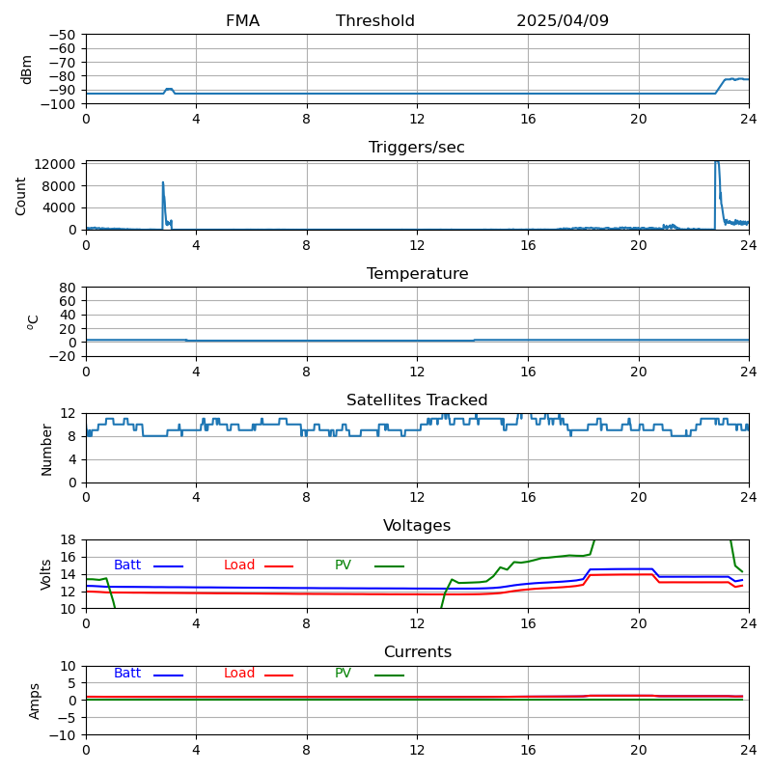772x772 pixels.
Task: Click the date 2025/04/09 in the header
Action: (x=562, y=21)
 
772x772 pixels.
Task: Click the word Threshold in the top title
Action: (x=375, y=21)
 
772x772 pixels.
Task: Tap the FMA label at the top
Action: (x=242, y=21)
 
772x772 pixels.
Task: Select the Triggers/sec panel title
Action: (x=417, y=148)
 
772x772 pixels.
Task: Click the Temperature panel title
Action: (x=417, y=274)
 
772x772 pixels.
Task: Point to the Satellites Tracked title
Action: (x=417, y=400)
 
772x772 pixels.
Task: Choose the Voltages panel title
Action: (x=417, y=526)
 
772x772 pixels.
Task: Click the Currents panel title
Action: (x=417, y=652)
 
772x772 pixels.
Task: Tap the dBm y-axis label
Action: (x=27, y=69)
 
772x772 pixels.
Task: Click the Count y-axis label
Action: (x=21, y=195)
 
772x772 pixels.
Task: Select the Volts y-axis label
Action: (x=46, y=573)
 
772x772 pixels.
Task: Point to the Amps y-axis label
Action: (x=35, y=701)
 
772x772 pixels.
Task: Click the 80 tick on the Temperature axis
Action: (x=69, y=288)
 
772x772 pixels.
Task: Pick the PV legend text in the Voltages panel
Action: (x=344, y=565)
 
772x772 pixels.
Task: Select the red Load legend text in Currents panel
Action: (x=239, y=674)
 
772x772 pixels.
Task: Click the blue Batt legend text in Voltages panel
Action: (x=127, y=565)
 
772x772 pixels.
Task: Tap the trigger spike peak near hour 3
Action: (x=163, y=182)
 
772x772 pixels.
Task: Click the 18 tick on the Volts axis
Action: (x=69, y=539)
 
